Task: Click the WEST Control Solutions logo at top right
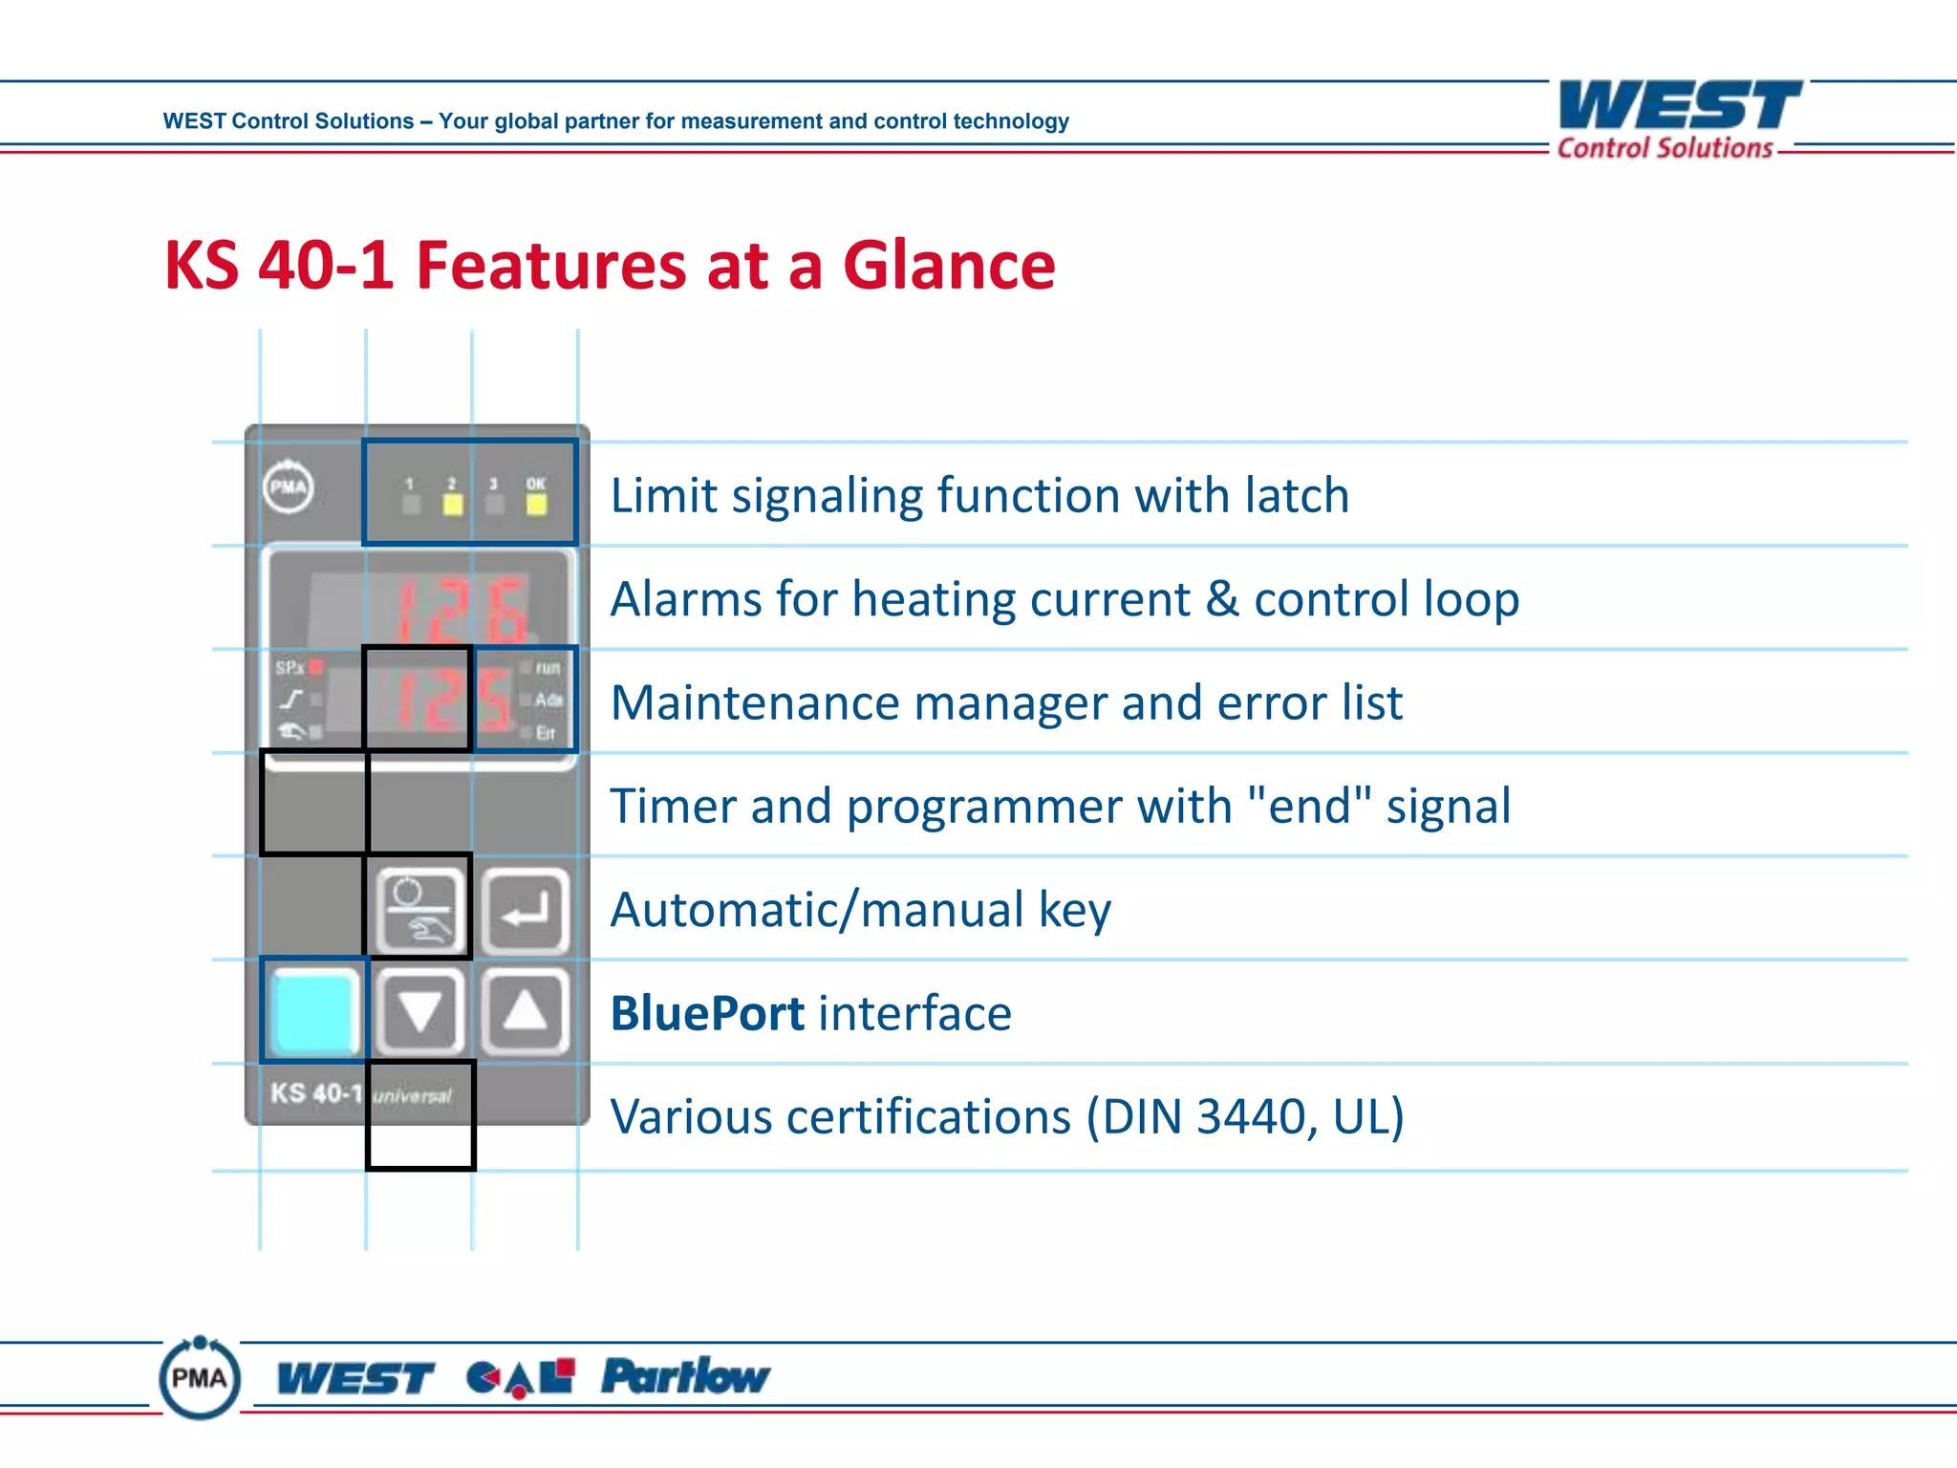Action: pyautogui.click(x=1679, y=119)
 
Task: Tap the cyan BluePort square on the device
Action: pyautogui.click(x=313, y=1012)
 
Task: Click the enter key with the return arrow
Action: pyautogui.click(x=526, y=911)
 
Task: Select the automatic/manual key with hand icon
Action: pyautogui.click(x=419, y=911)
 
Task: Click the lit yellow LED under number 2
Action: pyautogui.click(x=453, y=505)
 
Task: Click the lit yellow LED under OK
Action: pyautogui.click(x=537, y=505)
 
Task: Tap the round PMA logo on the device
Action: pyautogui.click(x=288, y=487)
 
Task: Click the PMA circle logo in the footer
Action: pyautogui.click(x=200, y=1378)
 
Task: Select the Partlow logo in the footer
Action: pyautogui.click(x=685, y=1377)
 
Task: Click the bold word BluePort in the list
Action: pyautogui.click(x=707, y=1013)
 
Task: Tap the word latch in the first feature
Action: pyautogui.click(x=1297, y=496)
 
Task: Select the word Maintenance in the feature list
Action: pyautogui.click(x=755, y=703)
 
